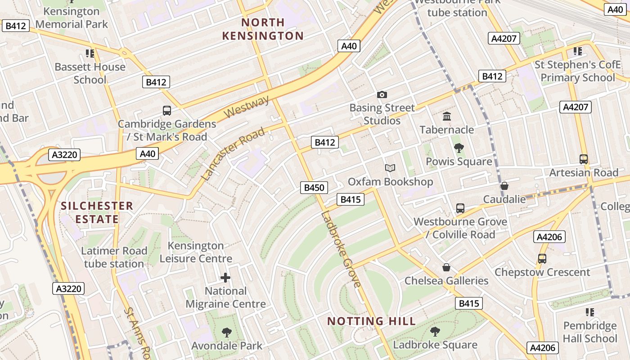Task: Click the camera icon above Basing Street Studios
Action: pos(382,94)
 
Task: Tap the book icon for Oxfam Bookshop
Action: pos(390,168)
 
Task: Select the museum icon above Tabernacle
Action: pos(447,117)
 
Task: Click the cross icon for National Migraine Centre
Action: pos(225,278)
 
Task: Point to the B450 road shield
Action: pos(314,188)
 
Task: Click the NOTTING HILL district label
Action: pos(371,321)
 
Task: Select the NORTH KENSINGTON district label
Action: pos(263,29)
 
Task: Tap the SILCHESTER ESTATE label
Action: pos(97,212)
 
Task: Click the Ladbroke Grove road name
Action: pos(341,249)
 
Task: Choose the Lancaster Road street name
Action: pos(233,154)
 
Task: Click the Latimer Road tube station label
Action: pos(114,257)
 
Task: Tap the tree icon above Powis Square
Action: pos(459,148)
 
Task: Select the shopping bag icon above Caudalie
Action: pos(504,186)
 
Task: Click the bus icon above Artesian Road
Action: pos(584,159)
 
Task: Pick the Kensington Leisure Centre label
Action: pos(196,252)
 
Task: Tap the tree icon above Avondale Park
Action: pos(227,333)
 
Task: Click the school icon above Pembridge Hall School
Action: pos(590,312)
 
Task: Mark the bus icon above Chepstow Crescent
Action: pos(542,259)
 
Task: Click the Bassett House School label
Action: pos(90,73)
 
